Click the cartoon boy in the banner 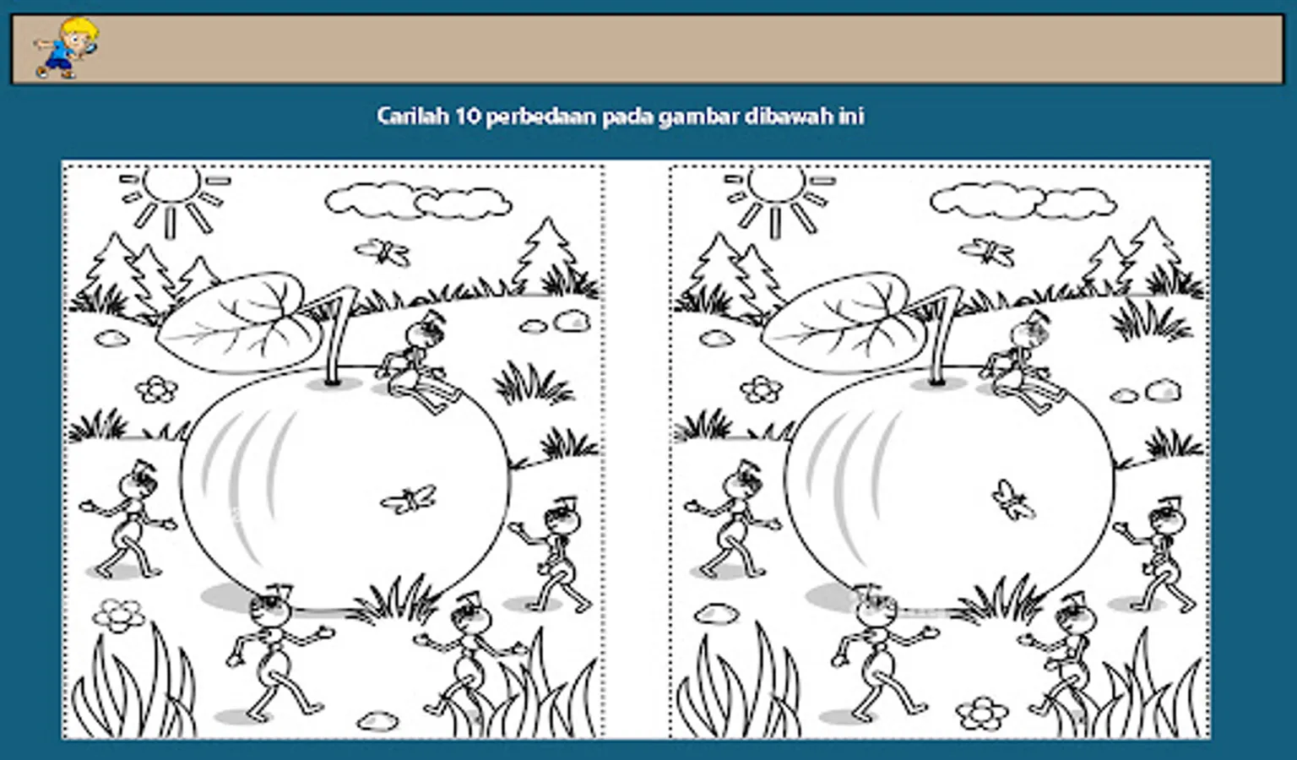point(65,47)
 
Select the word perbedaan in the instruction point(541,117)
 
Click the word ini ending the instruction point(851,116)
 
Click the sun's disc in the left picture point(172,182)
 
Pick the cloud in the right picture point(1023,201)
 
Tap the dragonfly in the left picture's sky point(383,252)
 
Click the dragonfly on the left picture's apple point(408,499)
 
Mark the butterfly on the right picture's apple point(1012,499)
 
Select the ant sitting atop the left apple point(420,362)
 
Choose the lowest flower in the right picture point(982,713)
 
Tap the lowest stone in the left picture point(378,720)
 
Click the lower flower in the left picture point(119,616)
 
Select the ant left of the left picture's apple point(128,519)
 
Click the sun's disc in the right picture point(777,182)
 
